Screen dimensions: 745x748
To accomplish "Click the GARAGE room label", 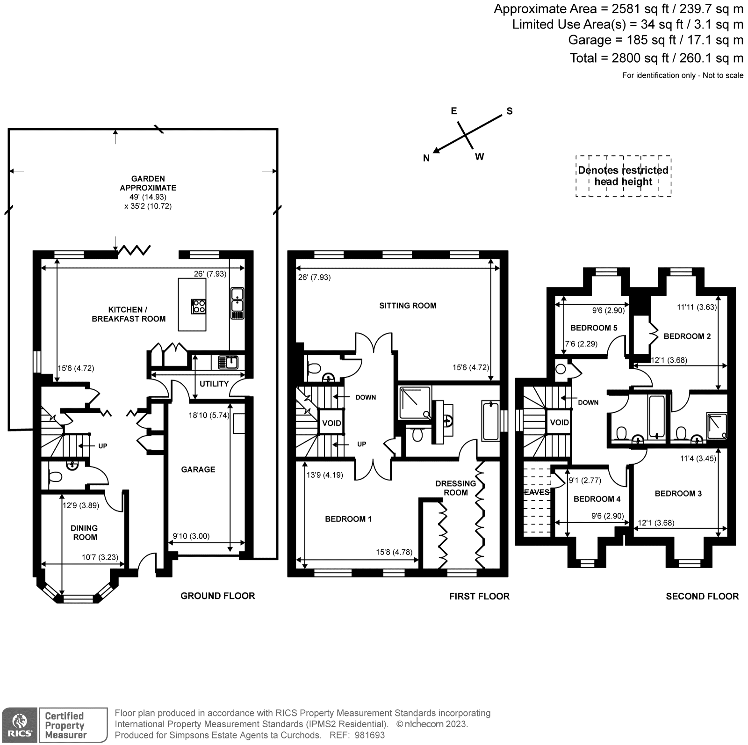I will pyautogui.click(x=198, y=469).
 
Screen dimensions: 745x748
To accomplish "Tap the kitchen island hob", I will pyautogui.click(x=199, y=306).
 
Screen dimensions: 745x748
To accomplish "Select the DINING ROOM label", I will pyautogui.click(x=85, y=533).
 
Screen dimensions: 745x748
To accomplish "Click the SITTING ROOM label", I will pyautogui.click(x=408, y=306).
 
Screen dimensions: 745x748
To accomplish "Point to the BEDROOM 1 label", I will pyautogui.click(x=348, y=519).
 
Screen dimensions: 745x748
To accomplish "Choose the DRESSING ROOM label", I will pyautogui.click(x=455, y=488).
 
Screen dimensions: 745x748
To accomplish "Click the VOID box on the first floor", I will pyautogui.click(x=331, y=423).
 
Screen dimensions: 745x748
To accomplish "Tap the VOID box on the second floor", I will pyautogui.click(x=559, y=422).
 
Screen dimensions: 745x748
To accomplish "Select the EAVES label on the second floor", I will pyautogui.click(x=536, y=492).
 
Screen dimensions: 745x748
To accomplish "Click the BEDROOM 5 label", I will pyautogui.click(x=594, y=328).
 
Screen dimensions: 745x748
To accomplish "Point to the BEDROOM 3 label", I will pyautogui.click(x=678, y=493).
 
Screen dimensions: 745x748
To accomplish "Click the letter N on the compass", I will pyautogui.click(x=426, y=158).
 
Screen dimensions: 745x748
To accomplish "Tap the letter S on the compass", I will pyautogui.click(x=510, y=111).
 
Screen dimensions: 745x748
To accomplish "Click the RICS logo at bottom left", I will pyautogui.click(x=19, y=725).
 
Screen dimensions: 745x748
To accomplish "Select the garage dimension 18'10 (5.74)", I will pyautogui.click(x=209, y=415).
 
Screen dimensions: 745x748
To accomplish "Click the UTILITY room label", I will pyautogui.click(x=214, y=384).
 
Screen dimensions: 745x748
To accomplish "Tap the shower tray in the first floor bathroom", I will pyautogui.click(x=414, y=403).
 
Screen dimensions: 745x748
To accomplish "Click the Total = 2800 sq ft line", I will pyautogui.click(x=656, y=58).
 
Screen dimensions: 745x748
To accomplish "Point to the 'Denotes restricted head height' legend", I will pyautogui.click(x=623, y=176).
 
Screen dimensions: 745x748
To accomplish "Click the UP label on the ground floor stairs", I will pyautogui.click(x=102, y=446).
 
